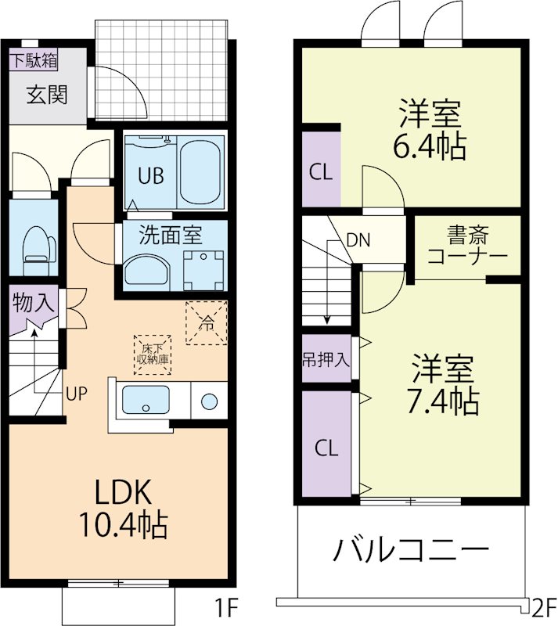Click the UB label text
click(151, 175)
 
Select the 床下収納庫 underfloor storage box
click(153, 354)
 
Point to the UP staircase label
click(76, 393)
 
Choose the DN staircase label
click(358, 240)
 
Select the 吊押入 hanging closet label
click(326, 361)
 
